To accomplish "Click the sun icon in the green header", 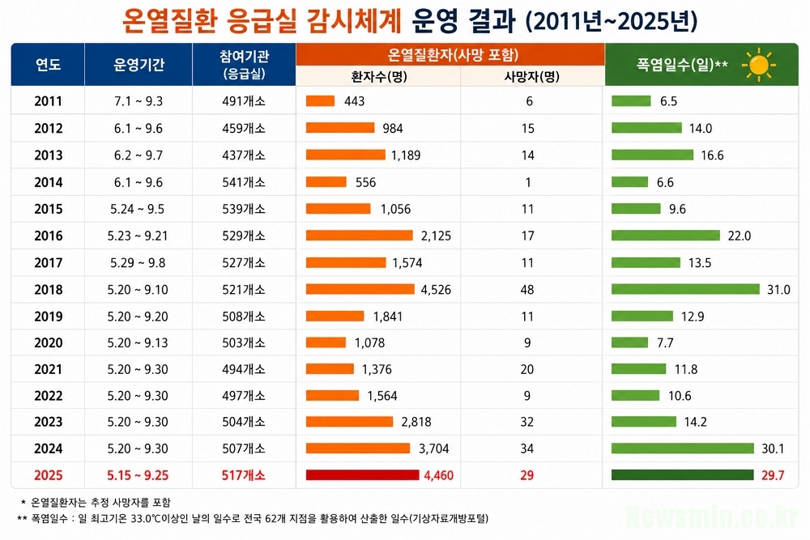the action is coord(758,65).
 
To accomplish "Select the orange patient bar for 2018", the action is coord(360,289).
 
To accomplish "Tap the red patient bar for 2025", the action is coord(362,475).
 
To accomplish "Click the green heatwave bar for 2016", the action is coord(665,236).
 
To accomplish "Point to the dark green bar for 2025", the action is coord(682,475).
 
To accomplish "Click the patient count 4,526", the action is coord(436,290).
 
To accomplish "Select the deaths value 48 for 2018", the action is coord(527,290).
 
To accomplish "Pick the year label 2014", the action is coord(48,182).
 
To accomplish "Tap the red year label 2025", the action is coord(48,475).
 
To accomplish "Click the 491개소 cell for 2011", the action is coord(243,101).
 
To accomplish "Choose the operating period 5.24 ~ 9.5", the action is coord(138,209).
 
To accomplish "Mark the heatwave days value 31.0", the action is coord(778,290).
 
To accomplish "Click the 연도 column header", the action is coord(48,65).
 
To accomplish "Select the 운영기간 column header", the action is coord(139,65).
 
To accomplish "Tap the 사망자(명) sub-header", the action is coord(531,76).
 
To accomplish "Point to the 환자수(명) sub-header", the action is coord(378,76).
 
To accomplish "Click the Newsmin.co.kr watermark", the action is coord(712,517).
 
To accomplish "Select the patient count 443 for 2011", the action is coord(355,101).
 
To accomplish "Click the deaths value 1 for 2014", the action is coord(527,182).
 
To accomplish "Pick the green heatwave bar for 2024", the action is coord(682,448).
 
